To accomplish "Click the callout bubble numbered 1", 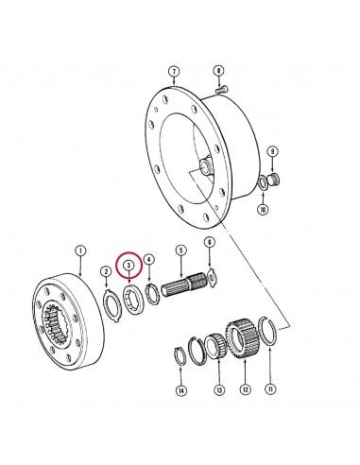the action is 80,251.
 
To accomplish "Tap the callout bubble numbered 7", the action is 174,72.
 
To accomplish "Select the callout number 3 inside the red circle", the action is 129,266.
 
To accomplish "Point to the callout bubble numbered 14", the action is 180,391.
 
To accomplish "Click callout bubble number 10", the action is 263,209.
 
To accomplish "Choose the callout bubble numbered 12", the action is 246,389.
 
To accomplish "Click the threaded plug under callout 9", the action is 274,180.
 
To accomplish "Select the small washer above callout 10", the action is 263,183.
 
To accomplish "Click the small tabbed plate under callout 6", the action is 213,277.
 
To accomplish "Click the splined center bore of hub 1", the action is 57,321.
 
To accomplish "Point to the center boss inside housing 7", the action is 206,165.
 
